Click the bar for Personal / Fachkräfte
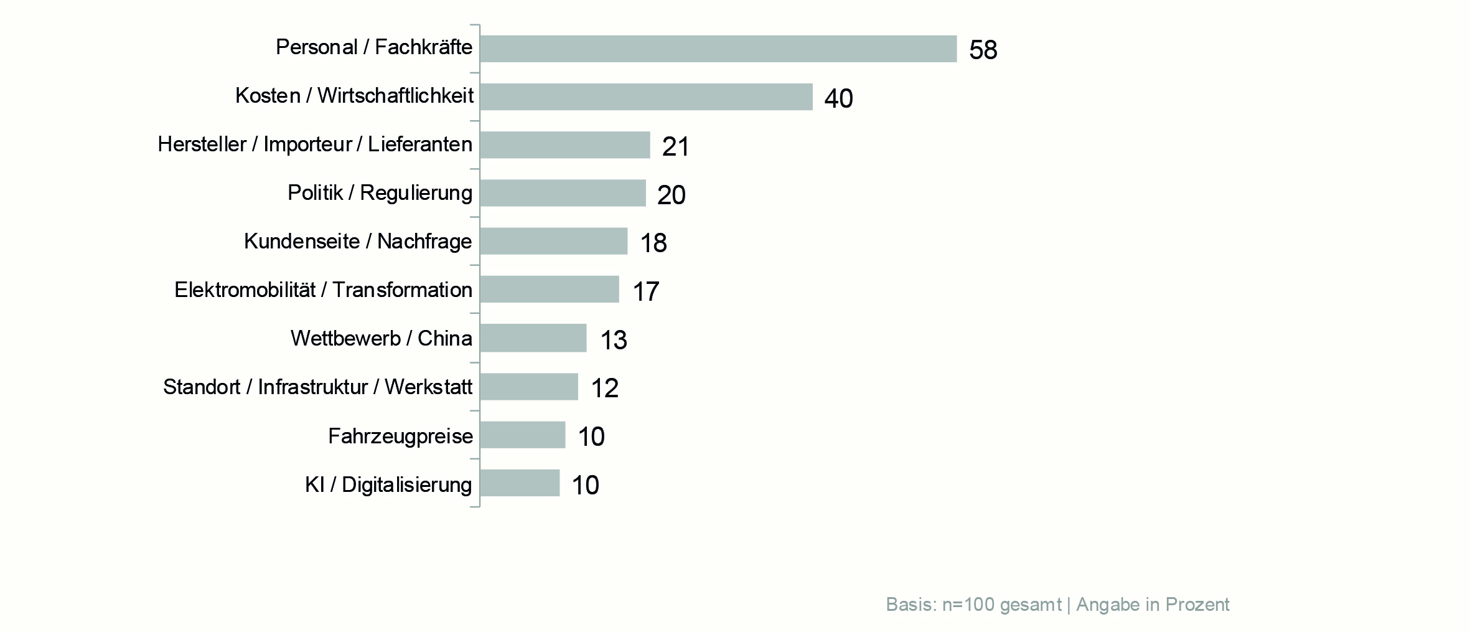point(718,49)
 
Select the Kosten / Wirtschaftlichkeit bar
point(646,97)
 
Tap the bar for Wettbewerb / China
point(533,338)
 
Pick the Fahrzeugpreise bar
point(522,435)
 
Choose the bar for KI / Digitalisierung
point(520,483)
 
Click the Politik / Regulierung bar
point(563,193)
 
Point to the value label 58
point(983,50)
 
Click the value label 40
point(838,98)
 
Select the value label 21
point(675,147)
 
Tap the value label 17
point(645,291)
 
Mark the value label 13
point(613,340)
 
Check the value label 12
point(604,388)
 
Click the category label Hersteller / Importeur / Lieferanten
point(315,144)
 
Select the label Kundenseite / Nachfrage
point(358,241)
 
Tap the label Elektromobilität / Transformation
point(323,290)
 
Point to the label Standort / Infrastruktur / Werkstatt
point(317,387)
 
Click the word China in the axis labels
point(444,338)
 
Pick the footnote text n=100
point(971,605)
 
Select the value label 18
point(653,243)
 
